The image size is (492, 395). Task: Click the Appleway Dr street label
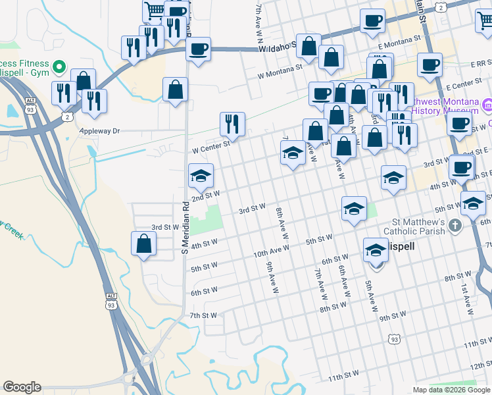tap(99, 131)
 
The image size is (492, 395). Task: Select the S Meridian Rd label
tap(185, 228)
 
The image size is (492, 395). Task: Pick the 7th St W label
tap(203, 315)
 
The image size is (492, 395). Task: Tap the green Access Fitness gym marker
tap(59, 66)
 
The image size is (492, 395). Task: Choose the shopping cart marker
tap(154, 11)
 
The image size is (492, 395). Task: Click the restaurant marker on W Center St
tap(232, 123)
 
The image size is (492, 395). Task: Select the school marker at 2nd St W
tap(201, 176)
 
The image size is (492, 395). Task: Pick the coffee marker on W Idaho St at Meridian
tap(197, 48)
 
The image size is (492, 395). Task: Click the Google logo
tap(22, 387)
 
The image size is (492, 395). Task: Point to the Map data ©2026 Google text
tap(451, 390)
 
